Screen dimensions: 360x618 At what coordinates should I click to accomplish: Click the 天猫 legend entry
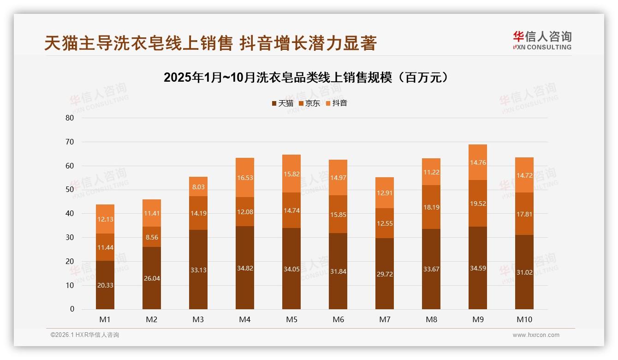[x=283, y=103]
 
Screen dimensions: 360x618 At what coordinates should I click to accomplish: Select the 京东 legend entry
[x=309, y=103]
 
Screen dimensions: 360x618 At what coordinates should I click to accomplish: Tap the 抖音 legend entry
[x=337, y=103]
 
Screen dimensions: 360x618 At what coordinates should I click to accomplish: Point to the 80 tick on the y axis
[x=70, y=118]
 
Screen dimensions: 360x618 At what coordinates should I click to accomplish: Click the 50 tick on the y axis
[x=70, y=190]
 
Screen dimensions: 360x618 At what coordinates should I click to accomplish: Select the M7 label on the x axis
[x=385, y=319]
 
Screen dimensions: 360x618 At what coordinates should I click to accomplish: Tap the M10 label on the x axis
[x=524, y=319]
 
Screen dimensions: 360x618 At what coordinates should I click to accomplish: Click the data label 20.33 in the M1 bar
[x=105, y=285]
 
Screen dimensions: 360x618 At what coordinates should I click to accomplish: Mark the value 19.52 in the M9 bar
[x=478, y=204]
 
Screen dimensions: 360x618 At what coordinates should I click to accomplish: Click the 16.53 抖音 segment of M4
[x=245, y=178]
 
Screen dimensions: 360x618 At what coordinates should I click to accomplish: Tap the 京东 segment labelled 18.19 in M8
[x=431, y=207]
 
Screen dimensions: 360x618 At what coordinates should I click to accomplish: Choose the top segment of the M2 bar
[x=152, y=213]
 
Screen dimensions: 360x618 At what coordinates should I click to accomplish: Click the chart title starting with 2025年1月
[x=306, y=78]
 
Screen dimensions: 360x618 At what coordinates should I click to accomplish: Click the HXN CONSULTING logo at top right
[x=542, y=40]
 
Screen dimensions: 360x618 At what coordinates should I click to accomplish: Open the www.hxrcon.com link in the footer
[x=536, y=335]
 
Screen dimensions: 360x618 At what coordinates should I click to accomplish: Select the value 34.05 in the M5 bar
[x=291, y=268]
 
